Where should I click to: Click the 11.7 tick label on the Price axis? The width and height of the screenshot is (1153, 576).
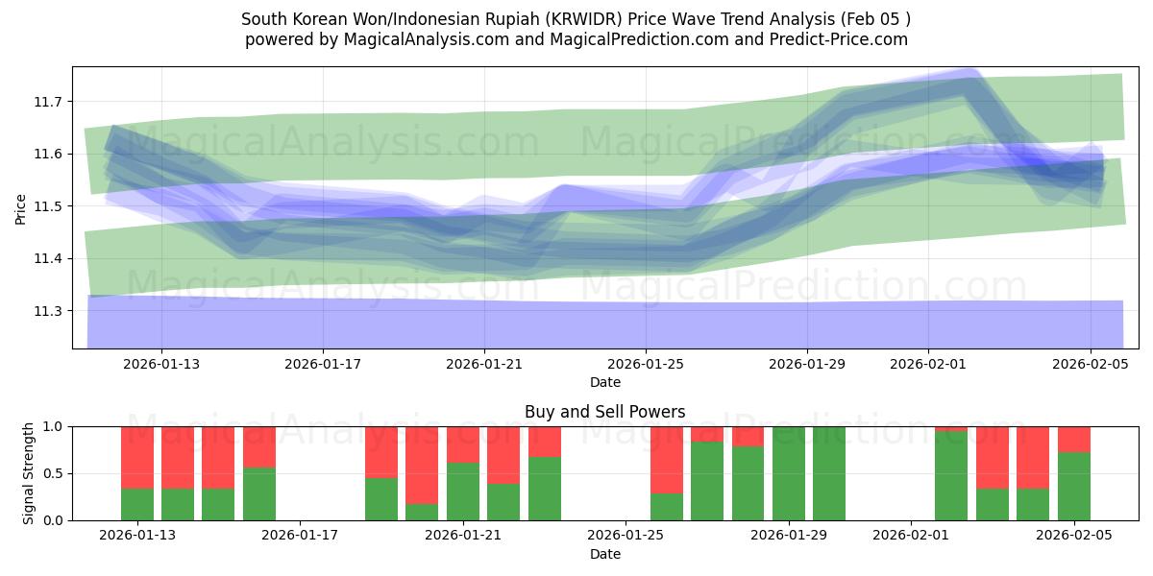tap(48, 102)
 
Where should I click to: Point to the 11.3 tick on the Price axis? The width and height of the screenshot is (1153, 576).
tap(48, 311)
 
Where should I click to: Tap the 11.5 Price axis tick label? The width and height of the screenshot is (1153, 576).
tap(48, 206)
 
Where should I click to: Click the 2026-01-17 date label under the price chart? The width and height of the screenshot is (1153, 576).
tap(323, 365)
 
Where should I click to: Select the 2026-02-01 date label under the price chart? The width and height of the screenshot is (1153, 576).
tap(928, 365)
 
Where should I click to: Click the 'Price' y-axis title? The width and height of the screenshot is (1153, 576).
tap(21, 207)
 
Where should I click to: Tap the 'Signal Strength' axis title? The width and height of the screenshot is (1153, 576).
tap(29, 473)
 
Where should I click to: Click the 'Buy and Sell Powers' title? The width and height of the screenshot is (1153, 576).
tap(605, 412)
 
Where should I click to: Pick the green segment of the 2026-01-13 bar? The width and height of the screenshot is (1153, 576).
tap(137, 504)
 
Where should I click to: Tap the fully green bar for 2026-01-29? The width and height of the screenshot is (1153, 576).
tap(789, 473)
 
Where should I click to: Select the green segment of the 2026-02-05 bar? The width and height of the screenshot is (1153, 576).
tap(1073, 486)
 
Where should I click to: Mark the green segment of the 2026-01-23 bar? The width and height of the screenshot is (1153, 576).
tap(545, 488)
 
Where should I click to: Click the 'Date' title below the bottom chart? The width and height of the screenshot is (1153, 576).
tap(605, 554)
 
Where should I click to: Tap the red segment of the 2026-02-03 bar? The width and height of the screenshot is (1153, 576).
tap(993, 457)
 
